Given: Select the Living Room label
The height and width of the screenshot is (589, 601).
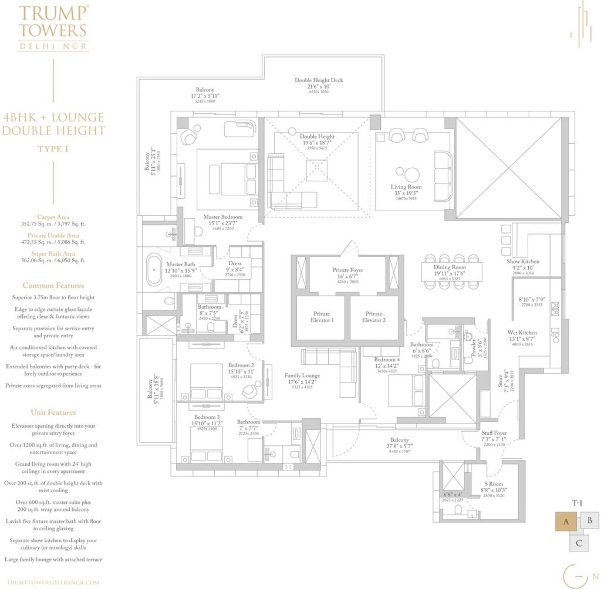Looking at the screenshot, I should click(406, 187).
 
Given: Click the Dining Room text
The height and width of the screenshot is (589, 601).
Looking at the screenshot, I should click(450, 267).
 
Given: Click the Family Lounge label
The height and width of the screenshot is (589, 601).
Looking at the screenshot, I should click(302, 375).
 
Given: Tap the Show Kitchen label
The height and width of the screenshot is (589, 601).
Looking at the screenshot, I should click(523, 262).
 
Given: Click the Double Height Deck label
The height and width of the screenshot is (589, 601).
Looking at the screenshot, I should click(319, 80).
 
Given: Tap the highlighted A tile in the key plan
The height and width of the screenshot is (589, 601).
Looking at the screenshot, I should click(566, 521).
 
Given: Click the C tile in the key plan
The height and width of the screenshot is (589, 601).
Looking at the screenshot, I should click(579, 542).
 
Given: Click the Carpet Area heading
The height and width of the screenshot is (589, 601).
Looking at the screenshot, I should click(53, 216).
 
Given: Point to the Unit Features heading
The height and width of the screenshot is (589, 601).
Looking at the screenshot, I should click(53, 412).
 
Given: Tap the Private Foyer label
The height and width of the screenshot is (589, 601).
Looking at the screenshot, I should click(348, 271).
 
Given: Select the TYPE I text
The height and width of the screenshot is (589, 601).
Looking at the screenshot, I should click(53, 149).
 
